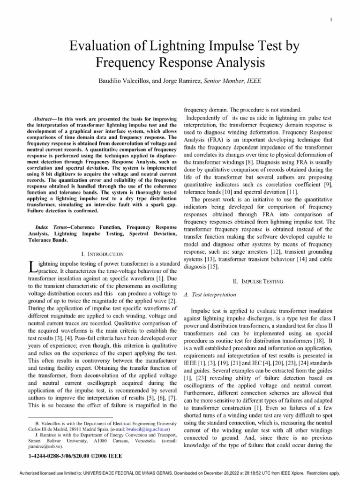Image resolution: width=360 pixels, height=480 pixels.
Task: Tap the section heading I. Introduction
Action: pos(102,254)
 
